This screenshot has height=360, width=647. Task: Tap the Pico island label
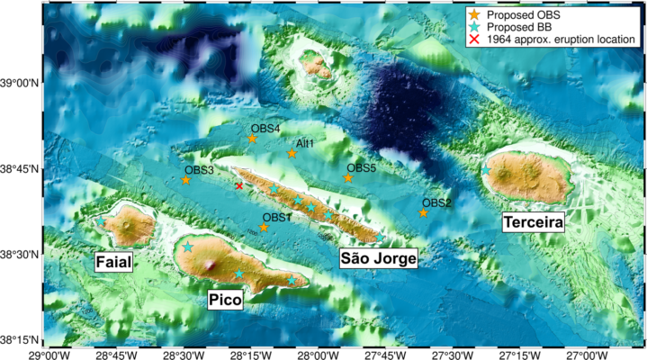[225, 301]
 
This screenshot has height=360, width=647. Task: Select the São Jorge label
[379, 259]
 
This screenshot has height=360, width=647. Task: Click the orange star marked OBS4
[253, 139]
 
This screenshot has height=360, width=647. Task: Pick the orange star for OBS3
[186, 180]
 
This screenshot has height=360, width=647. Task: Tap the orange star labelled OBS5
[348, 178]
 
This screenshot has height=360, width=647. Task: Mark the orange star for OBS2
[424, 212]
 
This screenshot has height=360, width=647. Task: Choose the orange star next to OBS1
[264, 228]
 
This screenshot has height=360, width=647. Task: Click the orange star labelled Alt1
[292, 154]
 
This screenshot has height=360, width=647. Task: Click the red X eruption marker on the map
[238, 185]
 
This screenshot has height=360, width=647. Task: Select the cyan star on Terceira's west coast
[486, 169]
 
